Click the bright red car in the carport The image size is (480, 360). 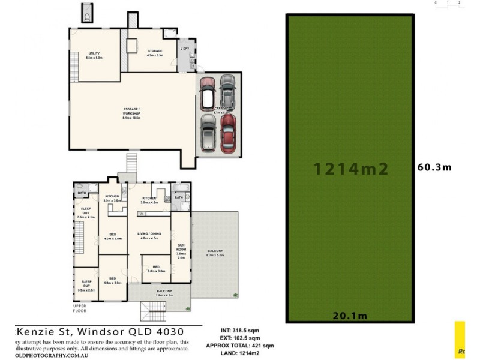tap(229, 133)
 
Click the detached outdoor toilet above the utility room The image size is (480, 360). tap(88, 12)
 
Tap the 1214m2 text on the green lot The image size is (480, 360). tap(351, 169)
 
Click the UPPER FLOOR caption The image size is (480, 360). tap(80, 308)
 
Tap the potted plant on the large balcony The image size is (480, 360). tap(233, 293)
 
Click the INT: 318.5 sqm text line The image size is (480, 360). tap(239, 330)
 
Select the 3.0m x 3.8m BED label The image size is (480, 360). tap(156, 268)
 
